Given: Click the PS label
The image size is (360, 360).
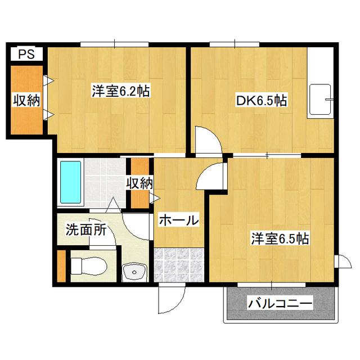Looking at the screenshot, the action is [26, 54].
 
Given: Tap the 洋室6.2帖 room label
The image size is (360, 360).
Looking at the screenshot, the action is [121, 91].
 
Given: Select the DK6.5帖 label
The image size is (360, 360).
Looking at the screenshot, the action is [262, 101].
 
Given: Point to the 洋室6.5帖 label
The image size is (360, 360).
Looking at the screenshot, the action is [280, 238].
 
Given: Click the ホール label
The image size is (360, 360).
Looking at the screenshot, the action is [179, 220].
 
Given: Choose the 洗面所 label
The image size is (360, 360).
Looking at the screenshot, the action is [86, 229].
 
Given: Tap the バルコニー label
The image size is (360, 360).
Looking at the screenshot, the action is [280, 303].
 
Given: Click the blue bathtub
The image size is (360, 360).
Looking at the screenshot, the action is [71, 182].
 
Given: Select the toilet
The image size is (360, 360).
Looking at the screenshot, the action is [89, 266].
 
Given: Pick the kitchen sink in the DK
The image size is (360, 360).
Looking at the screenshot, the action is [320, 100].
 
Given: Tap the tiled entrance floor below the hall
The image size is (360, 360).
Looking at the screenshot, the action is [179, 265].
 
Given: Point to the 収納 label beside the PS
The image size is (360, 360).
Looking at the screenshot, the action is [26, 100].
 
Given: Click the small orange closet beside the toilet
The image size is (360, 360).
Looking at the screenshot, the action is [61, 266].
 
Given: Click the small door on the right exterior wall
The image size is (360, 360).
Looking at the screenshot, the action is [343, 261].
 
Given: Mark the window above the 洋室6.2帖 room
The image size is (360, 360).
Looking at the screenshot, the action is [115, 44].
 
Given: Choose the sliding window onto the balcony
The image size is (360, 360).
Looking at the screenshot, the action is [272, 285].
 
